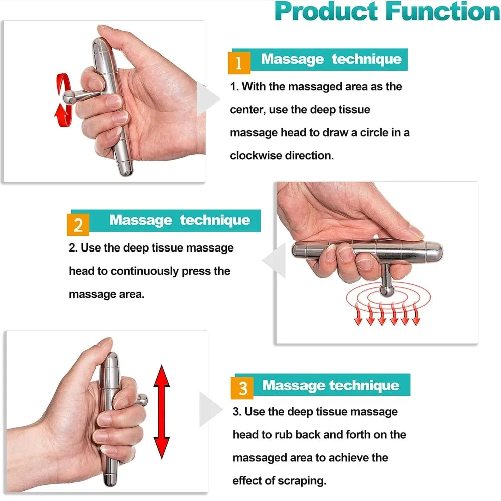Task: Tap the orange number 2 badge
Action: coord(78,225)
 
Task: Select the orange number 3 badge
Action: coord(242,388)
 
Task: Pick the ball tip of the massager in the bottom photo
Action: coord(143,400)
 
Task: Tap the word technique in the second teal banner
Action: coord(215,220)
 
